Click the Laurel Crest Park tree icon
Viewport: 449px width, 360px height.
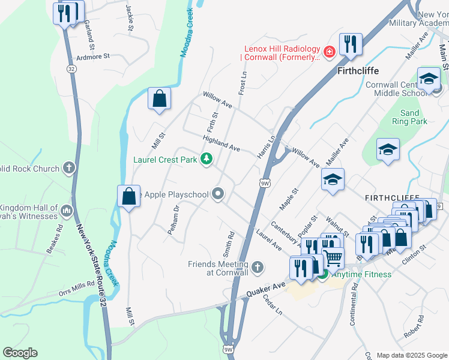[x=207, y=159]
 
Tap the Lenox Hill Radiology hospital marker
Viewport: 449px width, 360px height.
[x=329, y=53]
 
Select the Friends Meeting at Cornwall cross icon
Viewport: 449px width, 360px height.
[x=257, y=268]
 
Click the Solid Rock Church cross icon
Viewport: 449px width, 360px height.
[x=69, y=169]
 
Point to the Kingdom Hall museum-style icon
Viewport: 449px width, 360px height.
[x=66, y=211]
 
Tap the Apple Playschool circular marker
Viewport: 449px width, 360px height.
[x=218, y=194]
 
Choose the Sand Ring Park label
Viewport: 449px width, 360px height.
[x=409, y=117]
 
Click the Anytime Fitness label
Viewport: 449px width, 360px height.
[x=362, y=274]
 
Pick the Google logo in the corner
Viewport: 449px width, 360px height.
[x=20, y=353]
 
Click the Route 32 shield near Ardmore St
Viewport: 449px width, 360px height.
[x=71, y=69]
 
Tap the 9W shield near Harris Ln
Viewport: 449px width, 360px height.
[x=265, y=182]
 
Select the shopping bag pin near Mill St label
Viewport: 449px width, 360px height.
[x=159, y=99]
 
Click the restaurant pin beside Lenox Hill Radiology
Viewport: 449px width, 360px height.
[x=349, y=45]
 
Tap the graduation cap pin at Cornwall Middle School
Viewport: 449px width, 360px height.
[x=429, y=79]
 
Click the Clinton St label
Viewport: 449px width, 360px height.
[x=414, y=247]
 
